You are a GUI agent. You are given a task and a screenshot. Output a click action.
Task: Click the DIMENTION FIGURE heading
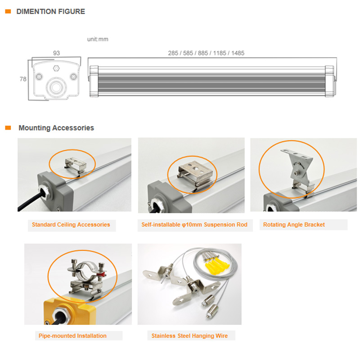click(x=50, y=12)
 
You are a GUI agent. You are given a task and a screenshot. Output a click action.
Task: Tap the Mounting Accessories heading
click(x=56, y=128)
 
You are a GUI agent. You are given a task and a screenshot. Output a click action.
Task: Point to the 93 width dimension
click(x=57, y=53)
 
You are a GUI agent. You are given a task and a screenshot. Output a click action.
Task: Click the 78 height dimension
click(x=23, y=79)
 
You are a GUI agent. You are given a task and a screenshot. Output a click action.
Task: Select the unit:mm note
click(x=98, y=39)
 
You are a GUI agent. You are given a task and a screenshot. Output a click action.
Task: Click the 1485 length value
click(x=238, y=53)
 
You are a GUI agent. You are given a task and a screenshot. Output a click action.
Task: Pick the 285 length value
click(x=173, y=53)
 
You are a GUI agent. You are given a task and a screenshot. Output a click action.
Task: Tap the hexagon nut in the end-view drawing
click(x=56, y=68)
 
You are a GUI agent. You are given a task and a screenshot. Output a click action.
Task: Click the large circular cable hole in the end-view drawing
click(x=56, y=87)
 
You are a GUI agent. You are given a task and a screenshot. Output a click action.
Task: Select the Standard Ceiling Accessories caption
click(x=71, y=225)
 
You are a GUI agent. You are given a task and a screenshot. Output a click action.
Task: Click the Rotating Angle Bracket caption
click(x=294, y=225)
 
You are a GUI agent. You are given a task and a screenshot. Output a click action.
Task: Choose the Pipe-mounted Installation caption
click(x=72, y=336)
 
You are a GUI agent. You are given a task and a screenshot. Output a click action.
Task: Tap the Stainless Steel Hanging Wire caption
click(x=189, y=336)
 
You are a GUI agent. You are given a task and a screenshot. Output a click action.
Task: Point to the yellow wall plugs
click(x=216, y=266)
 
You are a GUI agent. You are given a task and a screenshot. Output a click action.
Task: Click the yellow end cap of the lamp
click(x=69, y=311)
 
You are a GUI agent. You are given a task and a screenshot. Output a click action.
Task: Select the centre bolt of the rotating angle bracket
click(x=298, y=172)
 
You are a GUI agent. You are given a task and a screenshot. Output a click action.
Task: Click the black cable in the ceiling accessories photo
click(x=30, y=202)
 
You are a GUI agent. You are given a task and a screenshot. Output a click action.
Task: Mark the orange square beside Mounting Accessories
click(x=8, y=128)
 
